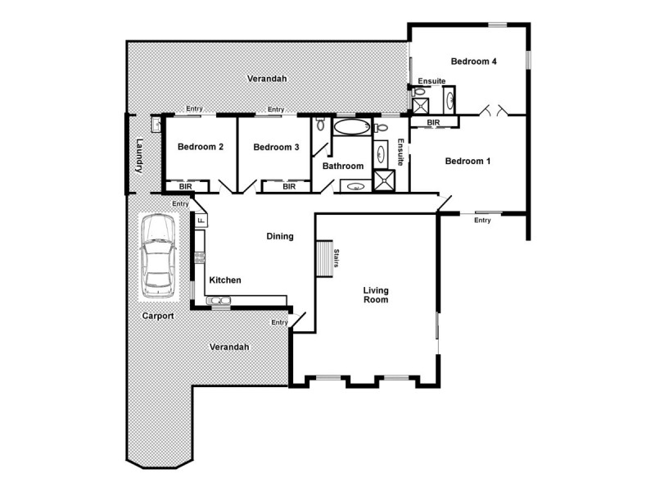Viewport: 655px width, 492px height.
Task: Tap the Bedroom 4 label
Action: coord(473,61)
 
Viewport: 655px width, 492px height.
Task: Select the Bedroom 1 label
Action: coord(468,162)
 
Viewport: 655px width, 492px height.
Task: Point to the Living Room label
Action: coord(376,295)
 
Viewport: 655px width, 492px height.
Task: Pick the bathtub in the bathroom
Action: coord(351,127)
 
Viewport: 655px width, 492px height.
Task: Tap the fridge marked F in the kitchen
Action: coord(200,221)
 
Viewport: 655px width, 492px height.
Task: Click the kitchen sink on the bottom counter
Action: coord(219,301)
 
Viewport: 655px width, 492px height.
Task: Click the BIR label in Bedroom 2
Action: coord(185,187)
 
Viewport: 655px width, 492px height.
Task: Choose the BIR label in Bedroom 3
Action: coord(289,187)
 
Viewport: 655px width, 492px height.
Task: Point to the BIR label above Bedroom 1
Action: coord(433,122)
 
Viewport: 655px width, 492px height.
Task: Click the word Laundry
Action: coord(139,155)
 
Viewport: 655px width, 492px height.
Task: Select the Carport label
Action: coord(158,316)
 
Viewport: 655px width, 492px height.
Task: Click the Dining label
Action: coord(280,237)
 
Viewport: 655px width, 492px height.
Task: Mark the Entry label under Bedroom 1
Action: coord(482,221)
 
